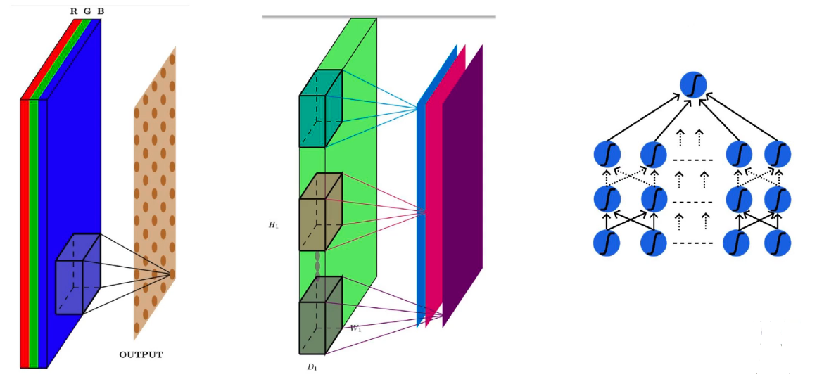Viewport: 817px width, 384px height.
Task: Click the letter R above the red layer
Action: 74,12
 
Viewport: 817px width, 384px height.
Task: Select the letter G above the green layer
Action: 87,12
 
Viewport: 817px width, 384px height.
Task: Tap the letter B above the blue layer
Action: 101,12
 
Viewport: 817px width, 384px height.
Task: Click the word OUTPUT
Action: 141,354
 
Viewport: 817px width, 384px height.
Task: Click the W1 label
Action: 356,328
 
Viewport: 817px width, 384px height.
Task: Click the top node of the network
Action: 693,86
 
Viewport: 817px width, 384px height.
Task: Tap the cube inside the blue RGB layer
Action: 77,274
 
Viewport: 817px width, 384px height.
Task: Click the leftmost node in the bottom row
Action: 607,243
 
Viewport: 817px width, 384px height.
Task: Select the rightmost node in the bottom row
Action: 778,243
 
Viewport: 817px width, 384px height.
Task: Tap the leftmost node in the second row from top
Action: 607,153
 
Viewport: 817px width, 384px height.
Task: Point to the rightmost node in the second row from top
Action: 778,153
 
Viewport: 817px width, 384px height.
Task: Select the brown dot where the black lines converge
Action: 172,273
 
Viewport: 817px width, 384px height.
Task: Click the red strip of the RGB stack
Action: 25,232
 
